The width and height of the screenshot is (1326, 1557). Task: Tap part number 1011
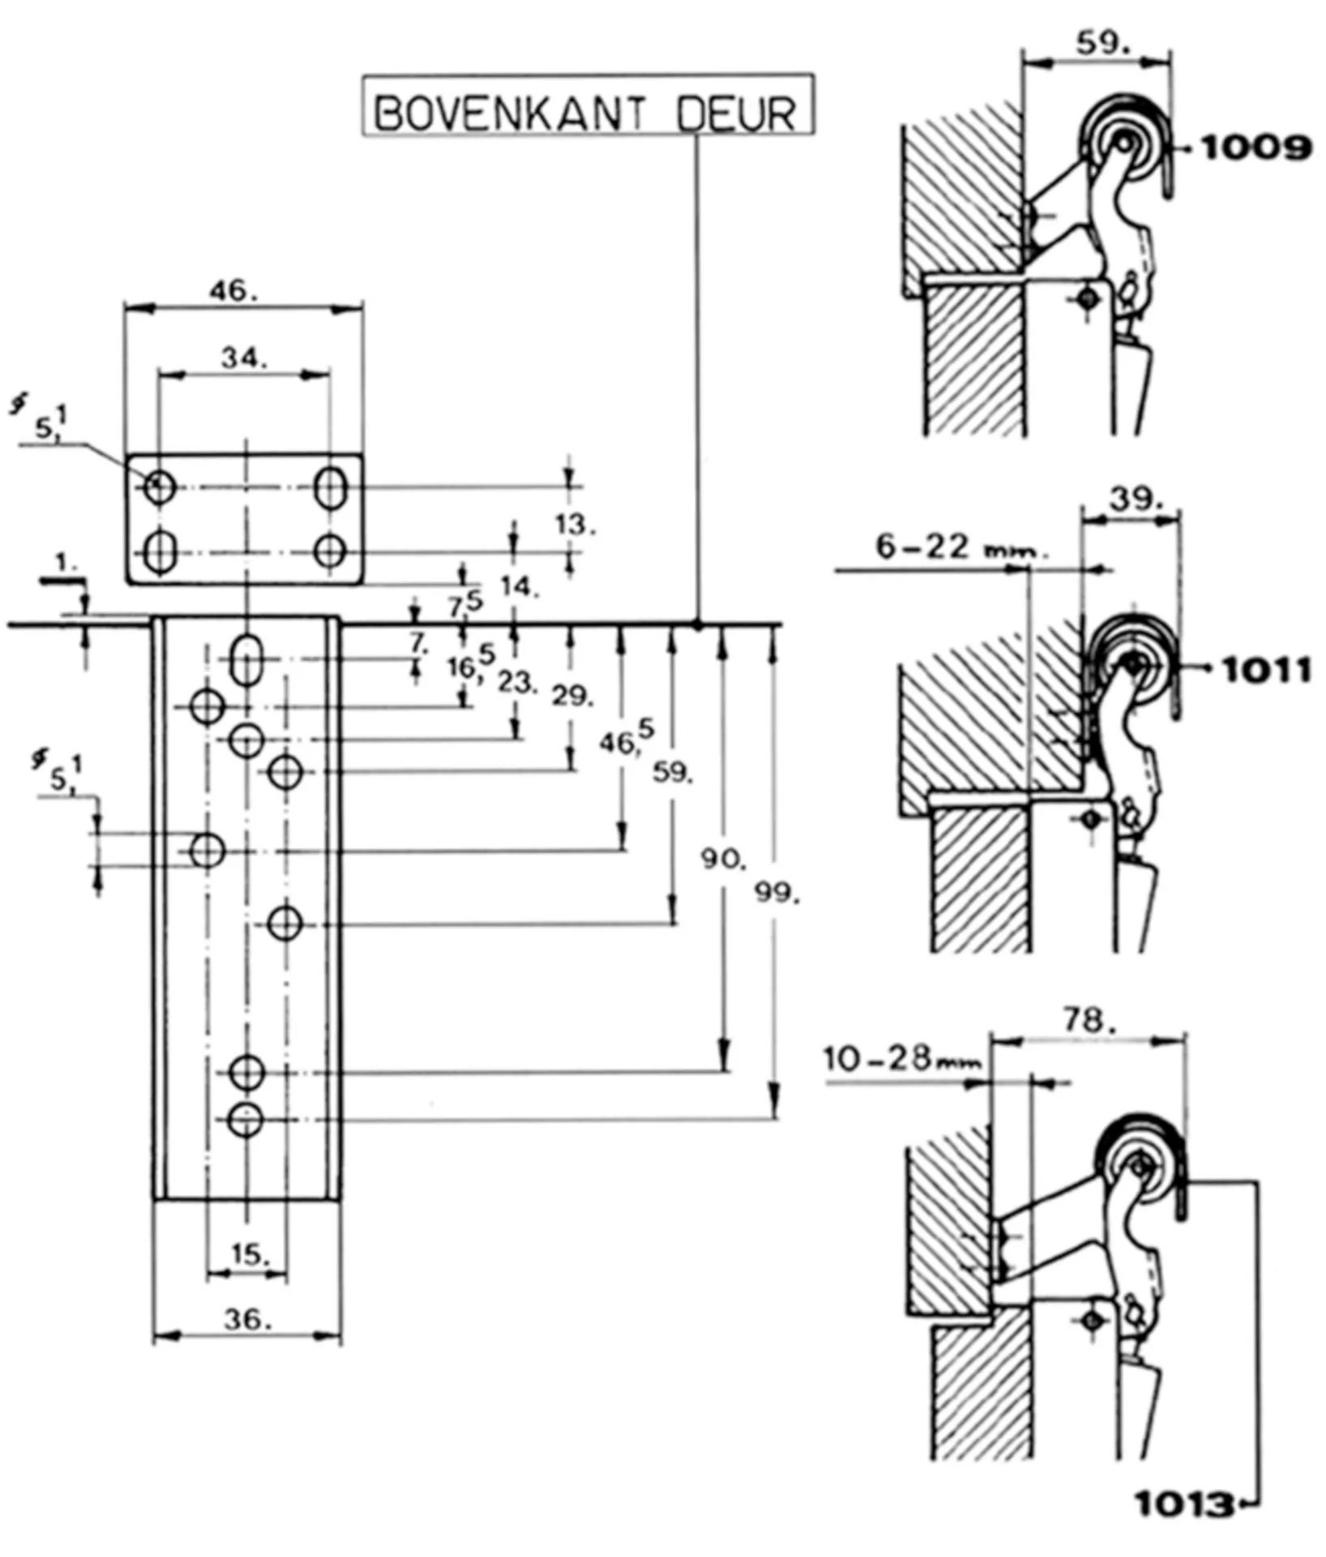coord(1266,671)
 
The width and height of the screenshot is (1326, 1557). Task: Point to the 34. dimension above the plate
coord(244,358)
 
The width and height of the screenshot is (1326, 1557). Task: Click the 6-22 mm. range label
coord(961,547)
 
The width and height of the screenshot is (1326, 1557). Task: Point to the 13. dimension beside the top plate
coord(575,525)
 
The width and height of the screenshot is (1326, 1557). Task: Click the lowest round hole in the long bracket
coord(246,1120)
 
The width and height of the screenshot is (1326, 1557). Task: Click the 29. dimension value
coord(572,696)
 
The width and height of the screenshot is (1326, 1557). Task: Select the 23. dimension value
coord(517,683)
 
